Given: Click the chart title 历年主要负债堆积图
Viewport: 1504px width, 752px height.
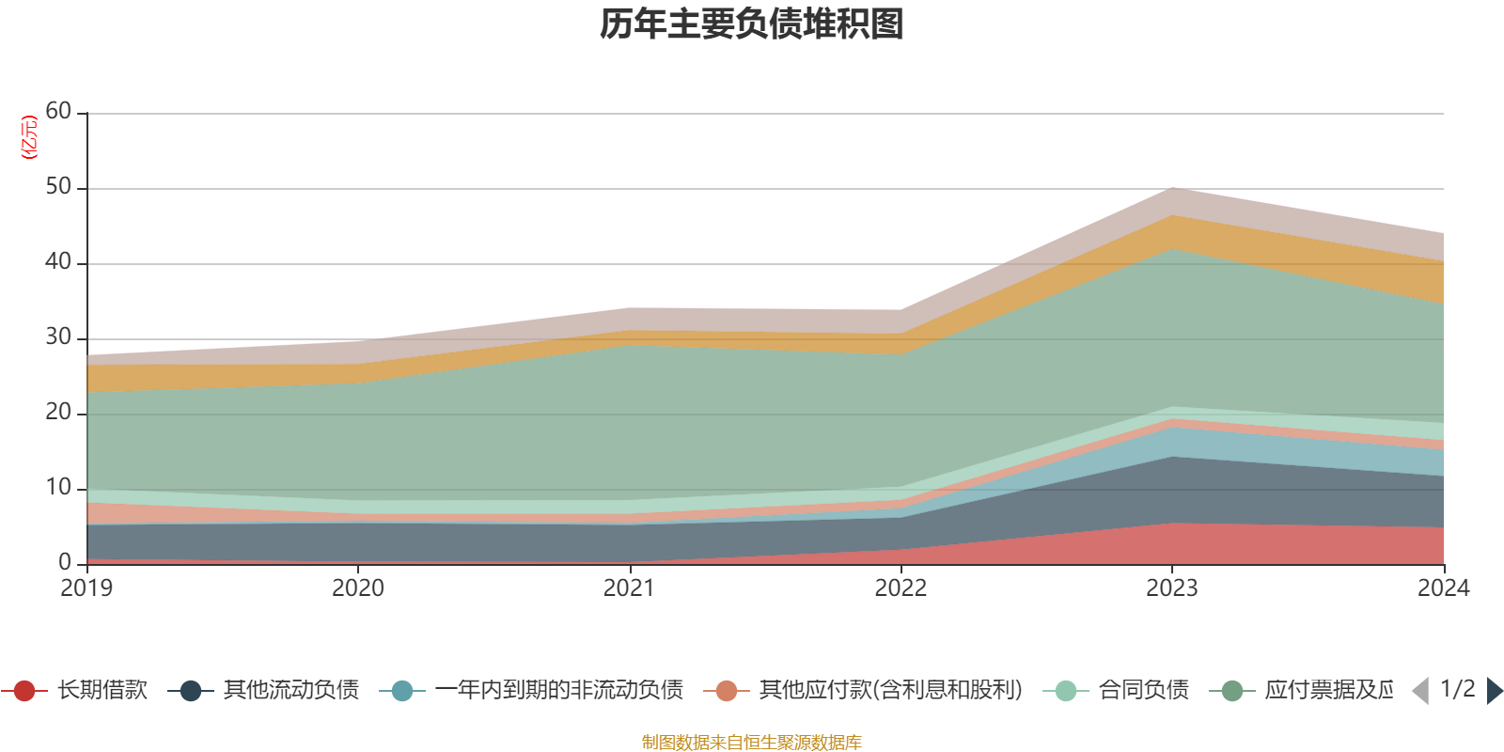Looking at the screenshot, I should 752,24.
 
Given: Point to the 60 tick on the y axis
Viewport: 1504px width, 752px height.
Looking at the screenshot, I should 58,112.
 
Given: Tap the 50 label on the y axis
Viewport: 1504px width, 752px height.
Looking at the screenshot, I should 58,187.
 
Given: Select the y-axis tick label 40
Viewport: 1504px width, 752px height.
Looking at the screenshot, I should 58,262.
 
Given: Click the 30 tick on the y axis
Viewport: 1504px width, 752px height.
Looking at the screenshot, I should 58,337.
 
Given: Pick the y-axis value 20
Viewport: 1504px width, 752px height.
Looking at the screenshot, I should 58,413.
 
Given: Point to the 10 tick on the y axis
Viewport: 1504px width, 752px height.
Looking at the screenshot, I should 58,488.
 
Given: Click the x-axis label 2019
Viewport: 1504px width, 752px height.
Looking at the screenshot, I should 86,588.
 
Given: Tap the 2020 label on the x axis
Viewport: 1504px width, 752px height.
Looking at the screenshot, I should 358,588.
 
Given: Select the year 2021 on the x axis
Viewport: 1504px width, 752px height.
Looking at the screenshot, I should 629,588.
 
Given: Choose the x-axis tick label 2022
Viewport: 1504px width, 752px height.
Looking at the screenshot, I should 901,588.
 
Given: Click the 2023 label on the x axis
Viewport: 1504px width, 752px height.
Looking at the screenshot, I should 1171,588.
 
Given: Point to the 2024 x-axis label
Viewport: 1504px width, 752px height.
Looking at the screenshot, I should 1443,588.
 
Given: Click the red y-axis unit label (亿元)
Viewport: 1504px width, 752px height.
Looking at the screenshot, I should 29,137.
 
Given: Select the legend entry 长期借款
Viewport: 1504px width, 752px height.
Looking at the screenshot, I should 102,691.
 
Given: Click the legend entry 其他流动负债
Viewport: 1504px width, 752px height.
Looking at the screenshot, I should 290,691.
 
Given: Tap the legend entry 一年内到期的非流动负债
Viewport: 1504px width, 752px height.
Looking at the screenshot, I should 558,691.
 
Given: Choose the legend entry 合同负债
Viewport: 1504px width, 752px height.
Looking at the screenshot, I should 1143,691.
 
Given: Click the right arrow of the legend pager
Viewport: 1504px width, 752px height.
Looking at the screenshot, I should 1494,691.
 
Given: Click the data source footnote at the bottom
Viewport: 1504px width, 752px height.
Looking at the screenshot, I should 752,743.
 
